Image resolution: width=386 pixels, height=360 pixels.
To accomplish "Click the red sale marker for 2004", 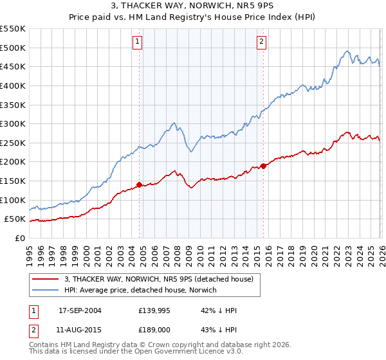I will point(139,184).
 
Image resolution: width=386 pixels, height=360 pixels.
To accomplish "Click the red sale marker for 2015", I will point(263,166).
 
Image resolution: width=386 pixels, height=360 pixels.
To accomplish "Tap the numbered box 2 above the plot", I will point(262,42).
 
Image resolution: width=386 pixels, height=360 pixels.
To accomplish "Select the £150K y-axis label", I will point(12,181).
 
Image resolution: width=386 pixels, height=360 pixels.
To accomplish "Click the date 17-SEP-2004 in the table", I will point(80,310).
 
